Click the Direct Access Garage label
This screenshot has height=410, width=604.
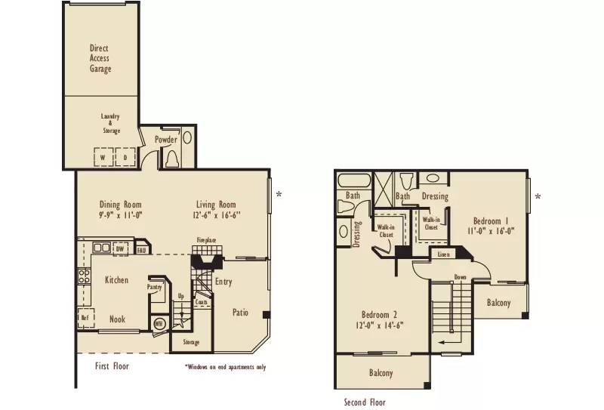coord(100,59)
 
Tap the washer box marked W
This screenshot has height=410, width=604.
coord(103,158)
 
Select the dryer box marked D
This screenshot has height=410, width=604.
coord(125,158)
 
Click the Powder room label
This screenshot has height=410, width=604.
coord(166,140)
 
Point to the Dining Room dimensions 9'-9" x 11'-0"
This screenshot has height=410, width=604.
coord(121,215)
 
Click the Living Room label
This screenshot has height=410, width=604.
coord(216,205)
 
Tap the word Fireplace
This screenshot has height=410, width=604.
coord(206,240)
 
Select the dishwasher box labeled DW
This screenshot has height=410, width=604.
coord(120,248)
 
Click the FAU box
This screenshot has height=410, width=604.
coord(142,248)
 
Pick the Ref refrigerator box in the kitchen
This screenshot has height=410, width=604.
coord(85,318)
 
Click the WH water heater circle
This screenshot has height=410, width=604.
coord(159,324)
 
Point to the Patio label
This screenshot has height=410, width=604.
coord(240,311)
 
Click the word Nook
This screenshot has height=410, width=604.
coord(117,319)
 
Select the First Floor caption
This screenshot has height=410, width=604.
coord(112,366)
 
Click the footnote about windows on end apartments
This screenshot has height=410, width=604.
coord(224,368)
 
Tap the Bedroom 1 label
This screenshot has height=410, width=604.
coord(490,221)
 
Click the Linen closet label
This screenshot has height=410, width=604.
coord(444,254)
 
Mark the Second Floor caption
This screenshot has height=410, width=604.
coord(364,402)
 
